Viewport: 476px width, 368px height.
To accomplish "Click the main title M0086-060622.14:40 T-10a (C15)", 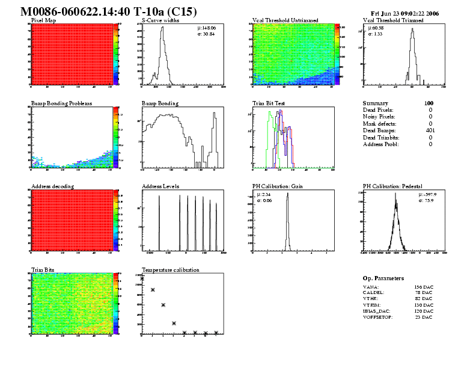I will (x=109, y=12).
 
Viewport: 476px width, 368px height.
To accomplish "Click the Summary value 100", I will (x=429, y=103).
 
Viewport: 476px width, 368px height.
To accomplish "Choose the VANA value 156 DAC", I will (x=424, y=287).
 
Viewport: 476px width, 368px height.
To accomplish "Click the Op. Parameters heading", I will (x=383, y=278).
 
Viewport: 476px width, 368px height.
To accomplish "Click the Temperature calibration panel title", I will (x=171, y=270).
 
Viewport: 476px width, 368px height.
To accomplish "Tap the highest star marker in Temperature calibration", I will (x=142, y=278).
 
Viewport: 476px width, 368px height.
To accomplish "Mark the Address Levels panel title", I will (x=160, y=186).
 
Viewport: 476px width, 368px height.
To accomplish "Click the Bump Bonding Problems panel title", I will (x=61, y=103).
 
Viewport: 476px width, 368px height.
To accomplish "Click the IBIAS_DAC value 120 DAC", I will (x=424, y=311).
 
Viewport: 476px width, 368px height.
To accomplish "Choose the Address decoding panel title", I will (x=52, y=186).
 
